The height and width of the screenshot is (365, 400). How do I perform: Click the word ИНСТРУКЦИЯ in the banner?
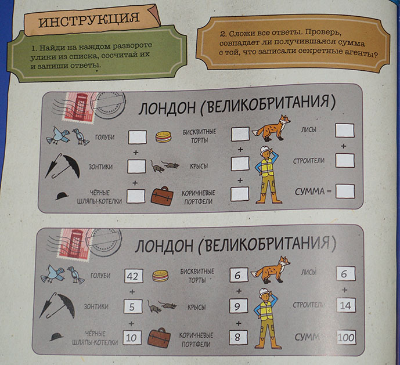coord(89,19)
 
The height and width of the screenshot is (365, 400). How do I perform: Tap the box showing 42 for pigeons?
coord(134,276)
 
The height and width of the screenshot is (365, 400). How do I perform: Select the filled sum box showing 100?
coord(346,338)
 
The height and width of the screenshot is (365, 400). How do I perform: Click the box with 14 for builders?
coord(345,305)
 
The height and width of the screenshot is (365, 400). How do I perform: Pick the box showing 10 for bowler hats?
coord(132,338)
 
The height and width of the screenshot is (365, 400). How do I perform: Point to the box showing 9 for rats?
coord(238,306)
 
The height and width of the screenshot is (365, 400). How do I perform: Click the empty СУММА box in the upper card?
coord(345,191)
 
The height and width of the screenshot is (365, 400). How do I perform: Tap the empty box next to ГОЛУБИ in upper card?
coord(137,137)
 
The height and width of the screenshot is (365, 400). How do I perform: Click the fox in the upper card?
coord(272,128)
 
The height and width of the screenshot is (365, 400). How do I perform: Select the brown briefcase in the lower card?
coord(159,338)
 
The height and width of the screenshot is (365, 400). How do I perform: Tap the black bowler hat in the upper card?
coord(62,196)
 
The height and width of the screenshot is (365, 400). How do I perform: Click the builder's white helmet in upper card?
coord(265,150)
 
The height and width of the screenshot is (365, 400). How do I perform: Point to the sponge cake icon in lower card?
coord(160,276)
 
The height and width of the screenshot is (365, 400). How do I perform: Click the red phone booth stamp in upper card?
coord(79,107)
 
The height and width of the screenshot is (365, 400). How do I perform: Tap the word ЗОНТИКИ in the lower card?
coord(96,306)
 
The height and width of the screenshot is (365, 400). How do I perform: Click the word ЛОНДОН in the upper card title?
coord(167,108)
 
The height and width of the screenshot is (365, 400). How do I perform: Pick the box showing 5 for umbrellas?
coord(133,306)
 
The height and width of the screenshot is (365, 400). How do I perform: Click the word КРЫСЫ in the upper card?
coord(199,167)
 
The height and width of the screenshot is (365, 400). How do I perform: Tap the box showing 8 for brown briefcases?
coord(238,338)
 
